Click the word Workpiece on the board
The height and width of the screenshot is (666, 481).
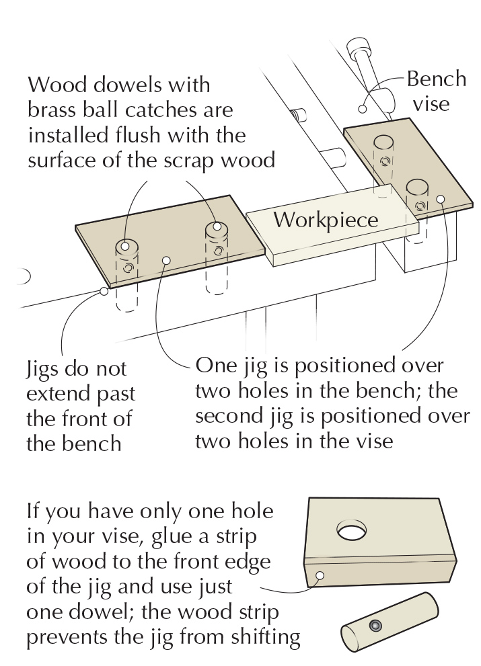tap(326, 220)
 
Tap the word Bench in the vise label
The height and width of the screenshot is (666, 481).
tap(436, 79)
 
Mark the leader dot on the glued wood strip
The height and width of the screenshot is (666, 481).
tap(320, 576)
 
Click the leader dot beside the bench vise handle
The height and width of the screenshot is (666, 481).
tap(362, 108)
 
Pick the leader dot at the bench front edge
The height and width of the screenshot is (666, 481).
tap(103, 291)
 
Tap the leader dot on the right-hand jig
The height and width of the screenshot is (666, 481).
tap(441, 198)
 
